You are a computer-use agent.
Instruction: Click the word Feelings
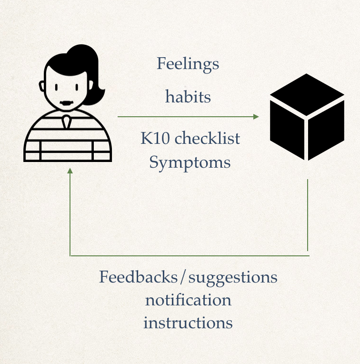point(188,64)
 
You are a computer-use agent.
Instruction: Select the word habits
point(188,97)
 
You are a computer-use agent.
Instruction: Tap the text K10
point(155,138)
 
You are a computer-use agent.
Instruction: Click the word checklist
point(207,138)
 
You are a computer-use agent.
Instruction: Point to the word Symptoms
point(190,163)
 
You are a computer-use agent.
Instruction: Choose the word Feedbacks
point(138,276)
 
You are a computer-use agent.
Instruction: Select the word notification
point(188,300)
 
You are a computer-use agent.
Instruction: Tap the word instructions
point(188,323)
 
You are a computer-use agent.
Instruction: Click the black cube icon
point(307,117)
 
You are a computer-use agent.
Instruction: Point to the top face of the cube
point(307,95)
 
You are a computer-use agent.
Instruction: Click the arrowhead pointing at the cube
point(256,117)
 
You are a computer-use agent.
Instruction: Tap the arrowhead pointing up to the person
point(70,171)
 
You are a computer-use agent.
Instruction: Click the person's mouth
point(67,103)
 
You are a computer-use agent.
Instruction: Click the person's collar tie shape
point(66,121)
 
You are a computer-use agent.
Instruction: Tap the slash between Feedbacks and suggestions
point(183,277)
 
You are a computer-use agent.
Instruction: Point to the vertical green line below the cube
point(308,215)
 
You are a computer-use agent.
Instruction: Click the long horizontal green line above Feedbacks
point(190,256)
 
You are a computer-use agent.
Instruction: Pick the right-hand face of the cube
point(326,130)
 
